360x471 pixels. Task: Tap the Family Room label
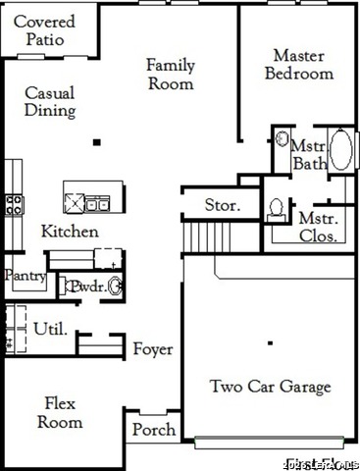171,75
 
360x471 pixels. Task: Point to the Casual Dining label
50,101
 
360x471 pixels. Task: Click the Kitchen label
69,232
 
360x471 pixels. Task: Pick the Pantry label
25,277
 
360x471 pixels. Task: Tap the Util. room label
50,329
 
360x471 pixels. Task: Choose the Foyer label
153,349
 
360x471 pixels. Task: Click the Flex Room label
60,412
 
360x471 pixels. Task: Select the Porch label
154,430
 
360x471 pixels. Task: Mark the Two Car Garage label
271,386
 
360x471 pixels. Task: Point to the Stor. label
222,205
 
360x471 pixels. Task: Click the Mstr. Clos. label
319,227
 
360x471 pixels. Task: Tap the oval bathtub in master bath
341,151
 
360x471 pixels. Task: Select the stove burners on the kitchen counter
15,204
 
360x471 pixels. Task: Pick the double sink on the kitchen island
97,204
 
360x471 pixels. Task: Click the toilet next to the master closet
277,207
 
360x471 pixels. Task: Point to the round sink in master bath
280,139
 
